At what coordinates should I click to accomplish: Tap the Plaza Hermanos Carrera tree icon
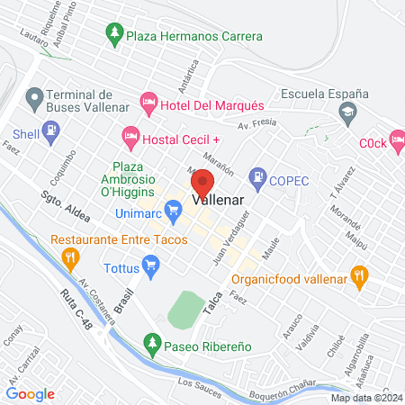click(114, 37)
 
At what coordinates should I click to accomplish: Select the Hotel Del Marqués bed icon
click(149, 105)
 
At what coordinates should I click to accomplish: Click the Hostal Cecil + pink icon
click(131, 138)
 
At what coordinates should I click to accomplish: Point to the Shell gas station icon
click(52, 132)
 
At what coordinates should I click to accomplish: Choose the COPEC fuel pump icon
click(259, 180)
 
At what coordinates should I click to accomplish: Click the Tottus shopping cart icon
click(150, 264)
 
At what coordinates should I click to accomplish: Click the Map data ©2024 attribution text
click(364, 398)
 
